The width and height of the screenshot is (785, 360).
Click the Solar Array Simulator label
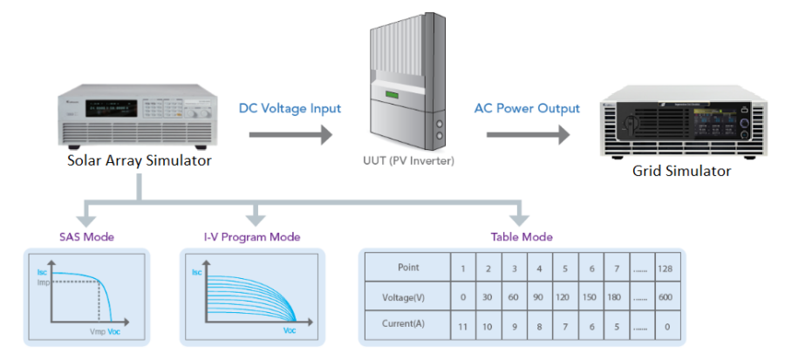tap(139, 160)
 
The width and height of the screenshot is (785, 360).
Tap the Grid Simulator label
tap(681, 171)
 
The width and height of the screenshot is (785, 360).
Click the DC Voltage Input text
tap(290, 109)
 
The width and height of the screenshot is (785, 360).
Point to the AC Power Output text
tap(527, 109)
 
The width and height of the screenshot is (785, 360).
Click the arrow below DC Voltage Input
tap(290, 135)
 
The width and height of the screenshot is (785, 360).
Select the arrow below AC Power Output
tap(527, 135)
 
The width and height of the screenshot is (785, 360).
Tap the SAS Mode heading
tap(86, 237)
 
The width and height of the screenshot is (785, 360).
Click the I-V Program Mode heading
tap(251, 237)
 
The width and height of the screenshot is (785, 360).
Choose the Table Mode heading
tap(522, 237)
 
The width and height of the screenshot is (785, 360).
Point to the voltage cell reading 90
tap(540, 296)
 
